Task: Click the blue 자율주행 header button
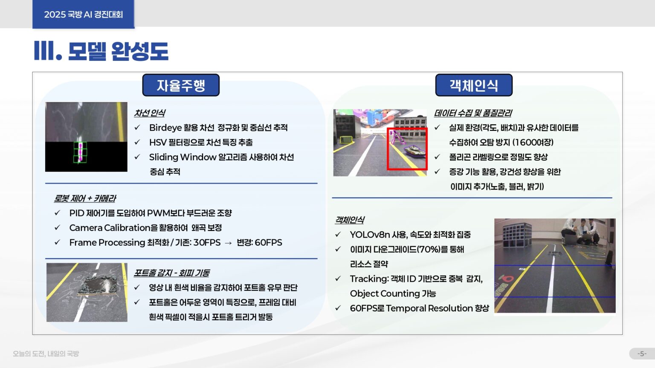181,85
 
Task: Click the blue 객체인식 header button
474,85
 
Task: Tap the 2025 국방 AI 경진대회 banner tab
83,14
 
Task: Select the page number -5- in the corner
642,354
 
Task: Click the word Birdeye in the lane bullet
165,128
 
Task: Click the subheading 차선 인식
150,113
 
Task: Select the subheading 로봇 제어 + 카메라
85,198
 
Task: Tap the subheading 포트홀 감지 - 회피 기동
172,273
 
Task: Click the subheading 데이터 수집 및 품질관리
473,113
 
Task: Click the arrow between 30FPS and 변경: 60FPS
228,243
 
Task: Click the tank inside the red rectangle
414,151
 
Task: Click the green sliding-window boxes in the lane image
80,152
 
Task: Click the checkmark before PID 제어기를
57,213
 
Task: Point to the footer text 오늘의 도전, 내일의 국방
46,354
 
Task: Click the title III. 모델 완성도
101,51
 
